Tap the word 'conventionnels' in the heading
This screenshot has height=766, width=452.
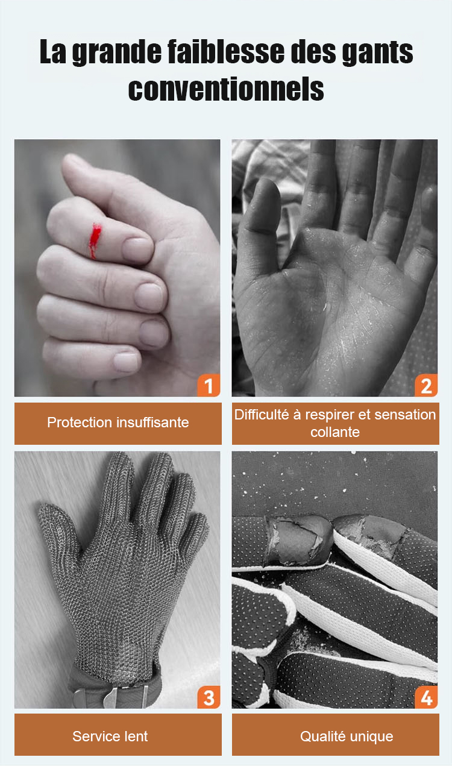point(226,89)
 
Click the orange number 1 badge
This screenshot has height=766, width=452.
point(209,385)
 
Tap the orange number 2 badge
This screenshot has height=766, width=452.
point(426,385)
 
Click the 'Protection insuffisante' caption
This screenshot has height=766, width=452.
point(118,422)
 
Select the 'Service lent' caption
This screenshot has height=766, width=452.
point(110,736)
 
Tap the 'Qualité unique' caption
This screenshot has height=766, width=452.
point(347,736)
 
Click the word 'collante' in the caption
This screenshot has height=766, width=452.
point(335,432)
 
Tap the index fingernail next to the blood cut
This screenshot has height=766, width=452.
point(137,250)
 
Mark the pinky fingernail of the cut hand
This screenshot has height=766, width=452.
point(127,362)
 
